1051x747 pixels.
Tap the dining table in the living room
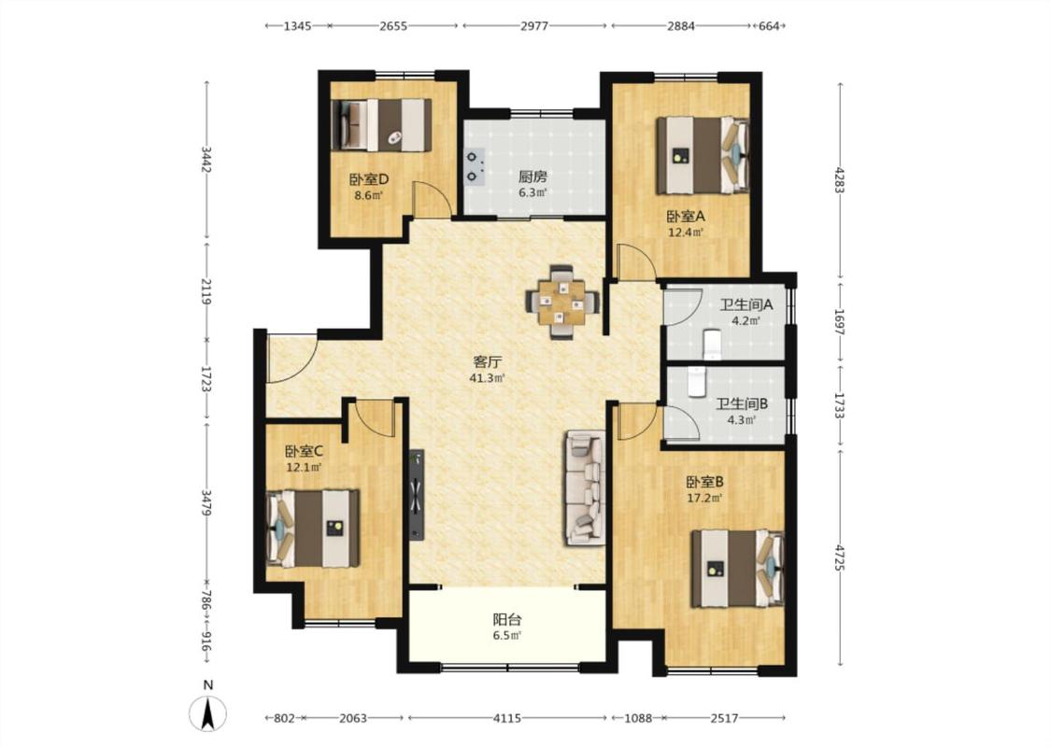click(x=561, y=303)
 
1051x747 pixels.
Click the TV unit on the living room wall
click(x=418, y=494)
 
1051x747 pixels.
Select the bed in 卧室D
click(x=381, y=124)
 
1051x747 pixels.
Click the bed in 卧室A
click(x=702, y=155)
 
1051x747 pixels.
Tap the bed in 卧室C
click(x=312, y=529)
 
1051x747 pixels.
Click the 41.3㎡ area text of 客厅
click(x=488, y=378)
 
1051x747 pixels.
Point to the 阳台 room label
click(x=507, y=620)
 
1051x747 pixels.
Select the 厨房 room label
click(x=533, y=176)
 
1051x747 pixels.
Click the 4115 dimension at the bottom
click(x=507, y=718)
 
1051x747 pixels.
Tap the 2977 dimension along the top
click(x=534, y=26)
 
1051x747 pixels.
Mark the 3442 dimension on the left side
click(x=206, y=160)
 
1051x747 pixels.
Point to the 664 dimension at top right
click(x=768, y=26)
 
